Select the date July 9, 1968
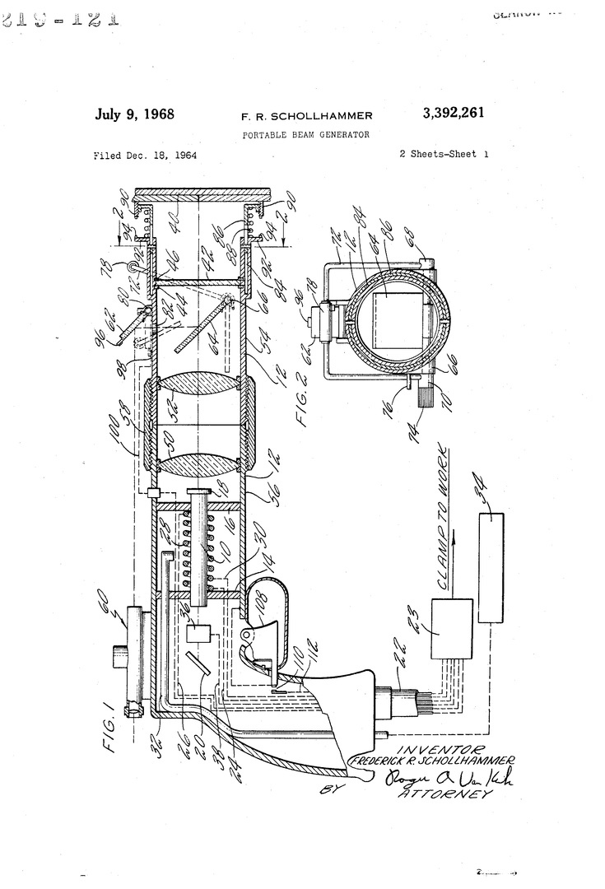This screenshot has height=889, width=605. tap(135, 114)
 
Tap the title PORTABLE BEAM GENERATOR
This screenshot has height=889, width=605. tap(306, 133)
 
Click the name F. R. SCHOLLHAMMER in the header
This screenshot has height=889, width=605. tap(306, 116)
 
